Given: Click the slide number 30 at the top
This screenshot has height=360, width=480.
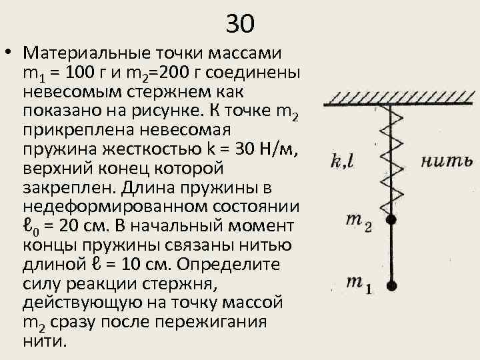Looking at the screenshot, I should pos(240,24).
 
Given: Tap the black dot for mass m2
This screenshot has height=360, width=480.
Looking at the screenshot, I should pos(392,219).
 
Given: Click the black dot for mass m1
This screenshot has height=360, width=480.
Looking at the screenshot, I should pos(392,286).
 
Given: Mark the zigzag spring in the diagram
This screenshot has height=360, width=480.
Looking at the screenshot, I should pos(392,160).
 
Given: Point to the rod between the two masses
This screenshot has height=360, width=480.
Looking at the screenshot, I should pos(392,253).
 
